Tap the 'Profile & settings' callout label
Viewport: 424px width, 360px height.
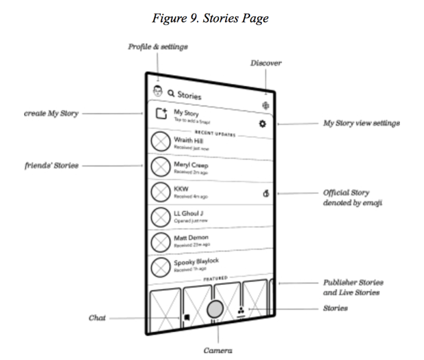158,47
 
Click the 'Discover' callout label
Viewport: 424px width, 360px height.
266,63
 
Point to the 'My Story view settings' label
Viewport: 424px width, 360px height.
360,124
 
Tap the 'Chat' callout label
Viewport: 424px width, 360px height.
97,318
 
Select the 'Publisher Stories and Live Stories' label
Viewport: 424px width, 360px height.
352,288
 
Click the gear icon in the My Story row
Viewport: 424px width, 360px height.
263,124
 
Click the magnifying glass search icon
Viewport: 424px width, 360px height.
170,93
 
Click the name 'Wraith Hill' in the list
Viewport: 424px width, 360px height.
188,141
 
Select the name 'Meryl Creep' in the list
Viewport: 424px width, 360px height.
191,165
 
